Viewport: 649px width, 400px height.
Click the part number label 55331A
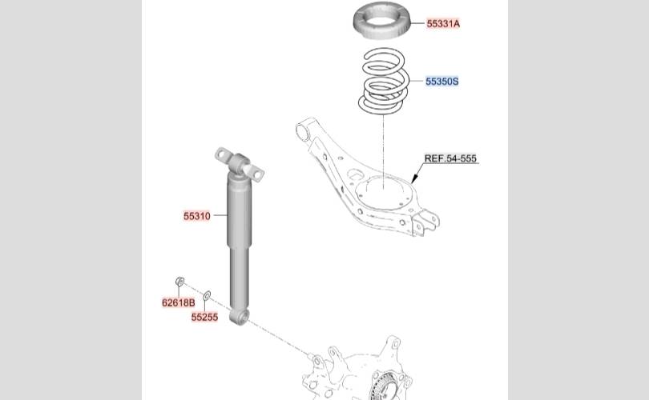pos(443,23)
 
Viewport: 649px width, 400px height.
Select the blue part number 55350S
pos(442,82)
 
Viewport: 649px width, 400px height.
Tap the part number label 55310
pos(197,216)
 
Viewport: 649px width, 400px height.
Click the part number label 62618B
pos(179,303)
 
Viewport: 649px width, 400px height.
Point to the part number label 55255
pos(204,318)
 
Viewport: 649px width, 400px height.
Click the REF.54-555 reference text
pos(450,158)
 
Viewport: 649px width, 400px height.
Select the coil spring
pos(384,81)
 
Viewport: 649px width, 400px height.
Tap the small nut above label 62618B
pos(179,282)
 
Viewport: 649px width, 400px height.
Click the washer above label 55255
pos(207,295)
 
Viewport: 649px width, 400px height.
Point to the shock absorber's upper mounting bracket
pos(240,164)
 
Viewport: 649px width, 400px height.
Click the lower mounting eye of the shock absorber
pos(240,318)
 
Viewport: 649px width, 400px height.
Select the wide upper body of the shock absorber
pos(239,210)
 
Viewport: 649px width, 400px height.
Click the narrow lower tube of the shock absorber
pos(240,278)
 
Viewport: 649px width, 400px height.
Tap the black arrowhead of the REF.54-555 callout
pos(415,178)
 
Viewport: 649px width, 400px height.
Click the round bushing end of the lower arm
pos(304,132)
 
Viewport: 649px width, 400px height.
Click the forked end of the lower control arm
pos(425,222)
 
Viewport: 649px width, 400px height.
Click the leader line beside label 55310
pos(220,215)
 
